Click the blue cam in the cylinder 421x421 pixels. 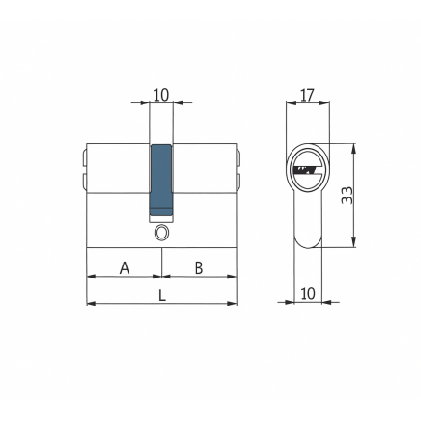tap(161, 180)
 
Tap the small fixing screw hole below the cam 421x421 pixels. tap(161, 233)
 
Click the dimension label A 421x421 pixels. tap(125, 268)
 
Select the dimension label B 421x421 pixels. tap(198, 268)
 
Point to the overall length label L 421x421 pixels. tap(162, 295)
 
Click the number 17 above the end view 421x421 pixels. tap(307, 95)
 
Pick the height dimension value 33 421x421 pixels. tap(347, 196)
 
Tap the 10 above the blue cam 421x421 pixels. tap(161, 95)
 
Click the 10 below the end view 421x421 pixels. tap(307, 293)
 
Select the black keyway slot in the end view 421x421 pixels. tap(306, 170)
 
